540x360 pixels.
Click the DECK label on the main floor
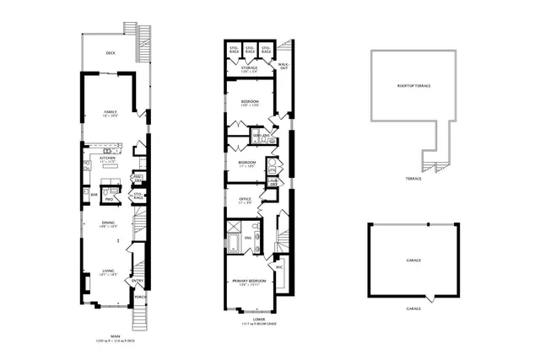(x=111, y=52)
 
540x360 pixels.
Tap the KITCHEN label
(x=107, y=158)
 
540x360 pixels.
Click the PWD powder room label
(x=109, y=199)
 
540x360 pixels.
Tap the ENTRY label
(x=138, y=282)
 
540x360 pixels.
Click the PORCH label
(x=139, y=296)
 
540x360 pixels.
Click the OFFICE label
(x=246, y=199)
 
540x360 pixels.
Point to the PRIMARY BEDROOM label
(x=250, y=279)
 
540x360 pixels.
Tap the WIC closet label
(x=278, y=266)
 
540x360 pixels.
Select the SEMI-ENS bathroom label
(x=261, y=135)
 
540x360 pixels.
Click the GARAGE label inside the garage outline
(x=413, y=260)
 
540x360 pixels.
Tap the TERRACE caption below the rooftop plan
(x=413, y=179)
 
